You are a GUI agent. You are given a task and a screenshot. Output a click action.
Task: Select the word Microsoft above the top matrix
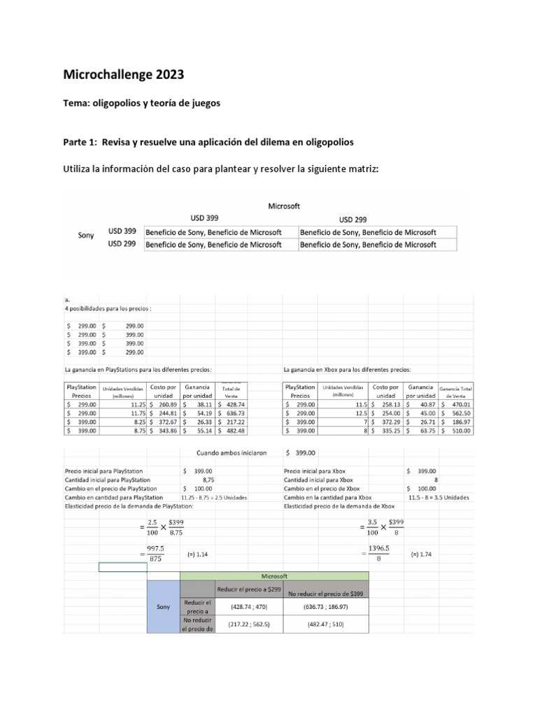285,206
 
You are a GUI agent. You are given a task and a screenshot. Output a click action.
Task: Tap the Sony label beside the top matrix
86,236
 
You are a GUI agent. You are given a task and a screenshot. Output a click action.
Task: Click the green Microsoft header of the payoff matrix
274,575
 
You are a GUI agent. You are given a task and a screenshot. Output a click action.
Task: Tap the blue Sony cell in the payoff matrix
163,606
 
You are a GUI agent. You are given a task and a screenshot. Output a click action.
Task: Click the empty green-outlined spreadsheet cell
123,567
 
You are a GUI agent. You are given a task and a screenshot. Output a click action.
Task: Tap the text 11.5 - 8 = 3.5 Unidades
439,497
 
